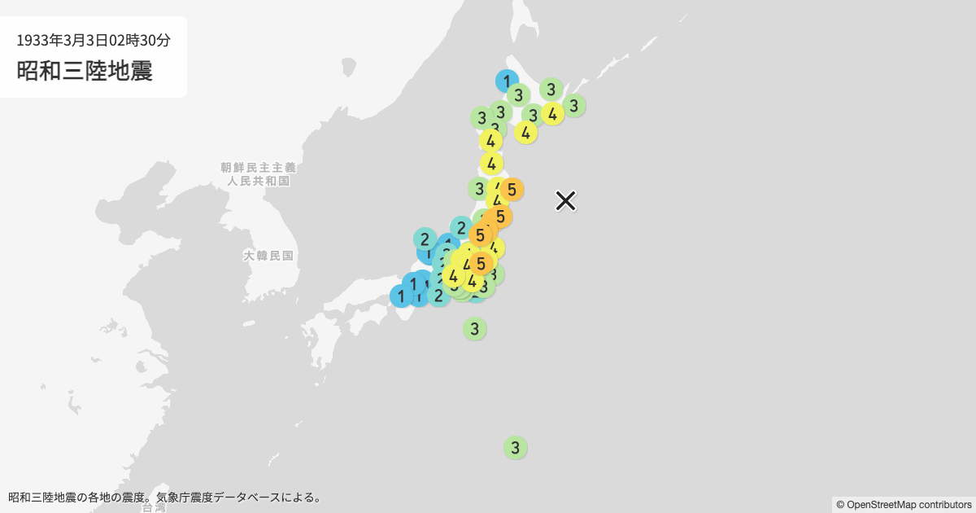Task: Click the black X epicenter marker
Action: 566,200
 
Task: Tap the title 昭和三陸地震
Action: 85,71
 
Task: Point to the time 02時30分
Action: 144,39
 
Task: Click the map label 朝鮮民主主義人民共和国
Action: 258,174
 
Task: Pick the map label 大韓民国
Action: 268,256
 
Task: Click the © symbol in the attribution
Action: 840,505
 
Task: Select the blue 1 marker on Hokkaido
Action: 507,81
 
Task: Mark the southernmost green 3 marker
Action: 515,447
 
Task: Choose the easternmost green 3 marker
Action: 573,105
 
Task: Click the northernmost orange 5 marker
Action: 511,190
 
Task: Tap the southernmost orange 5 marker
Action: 481,263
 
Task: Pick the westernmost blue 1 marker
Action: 401,296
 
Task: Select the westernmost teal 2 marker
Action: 425,239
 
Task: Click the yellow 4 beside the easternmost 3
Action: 553,114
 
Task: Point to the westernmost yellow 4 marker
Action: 453,276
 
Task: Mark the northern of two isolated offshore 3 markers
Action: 475,329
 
